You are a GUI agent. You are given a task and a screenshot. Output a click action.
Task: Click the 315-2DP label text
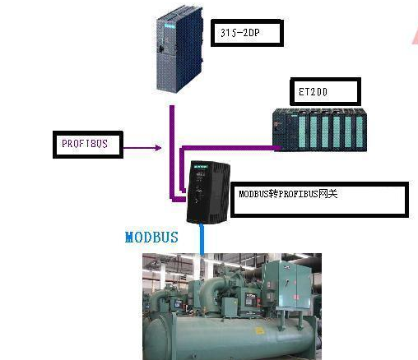[x=240, y=33]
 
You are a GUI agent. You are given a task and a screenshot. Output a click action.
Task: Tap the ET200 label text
[x=313, y=92]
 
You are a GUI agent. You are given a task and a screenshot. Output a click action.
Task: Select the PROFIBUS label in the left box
[x=85, y=144]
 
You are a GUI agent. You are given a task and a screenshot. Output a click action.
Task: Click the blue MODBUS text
[x=151, y=238]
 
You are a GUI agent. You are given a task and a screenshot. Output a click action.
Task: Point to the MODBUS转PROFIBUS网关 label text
[x=288, y=194]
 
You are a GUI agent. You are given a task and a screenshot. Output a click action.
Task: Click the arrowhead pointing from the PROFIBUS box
[x=158, y=148]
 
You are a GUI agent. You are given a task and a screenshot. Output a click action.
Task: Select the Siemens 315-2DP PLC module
[x=179, y=49]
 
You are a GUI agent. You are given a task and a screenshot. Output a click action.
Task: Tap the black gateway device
[x=208, y=192]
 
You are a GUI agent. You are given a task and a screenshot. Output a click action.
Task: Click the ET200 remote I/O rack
[x=319, y=130]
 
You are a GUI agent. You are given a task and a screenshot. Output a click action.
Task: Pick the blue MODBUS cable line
[x=202, y=239]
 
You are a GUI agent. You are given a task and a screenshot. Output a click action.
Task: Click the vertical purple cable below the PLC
[x=172, y=152]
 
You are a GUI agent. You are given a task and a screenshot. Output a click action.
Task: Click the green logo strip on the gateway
[x=201, y=166]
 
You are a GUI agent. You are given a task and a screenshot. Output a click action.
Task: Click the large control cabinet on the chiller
[x=287, y=284]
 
